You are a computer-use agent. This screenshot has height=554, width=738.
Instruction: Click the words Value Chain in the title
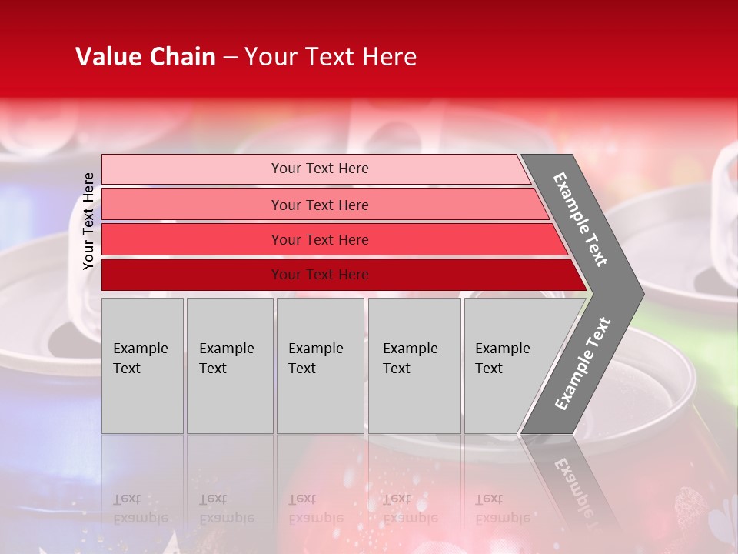(x=145, y=57)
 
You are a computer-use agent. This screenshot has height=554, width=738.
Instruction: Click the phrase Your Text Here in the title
(x=331, y=57)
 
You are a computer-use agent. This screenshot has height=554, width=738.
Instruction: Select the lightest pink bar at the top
(x=192, y=169)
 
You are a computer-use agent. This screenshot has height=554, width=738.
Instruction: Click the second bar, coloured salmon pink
(x=192, y=205)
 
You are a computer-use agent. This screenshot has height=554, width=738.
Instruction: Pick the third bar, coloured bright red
(x=192, y=240)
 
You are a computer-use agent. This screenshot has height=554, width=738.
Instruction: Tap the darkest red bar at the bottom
(x=192, y=275)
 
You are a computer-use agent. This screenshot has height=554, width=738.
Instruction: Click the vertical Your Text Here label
(x=88, y=221)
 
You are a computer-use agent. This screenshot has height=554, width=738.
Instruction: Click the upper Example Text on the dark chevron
(x=580, y=219)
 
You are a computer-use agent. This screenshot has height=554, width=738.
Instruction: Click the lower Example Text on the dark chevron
(x=583, y=363)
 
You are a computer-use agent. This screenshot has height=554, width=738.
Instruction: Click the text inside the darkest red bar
(x=320, y=275)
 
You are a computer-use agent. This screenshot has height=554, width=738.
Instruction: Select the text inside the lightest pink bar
(x=320, y=169)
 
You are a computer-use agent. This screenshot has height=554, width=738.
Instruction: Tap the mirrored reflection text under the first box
(x=141, y=509)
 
